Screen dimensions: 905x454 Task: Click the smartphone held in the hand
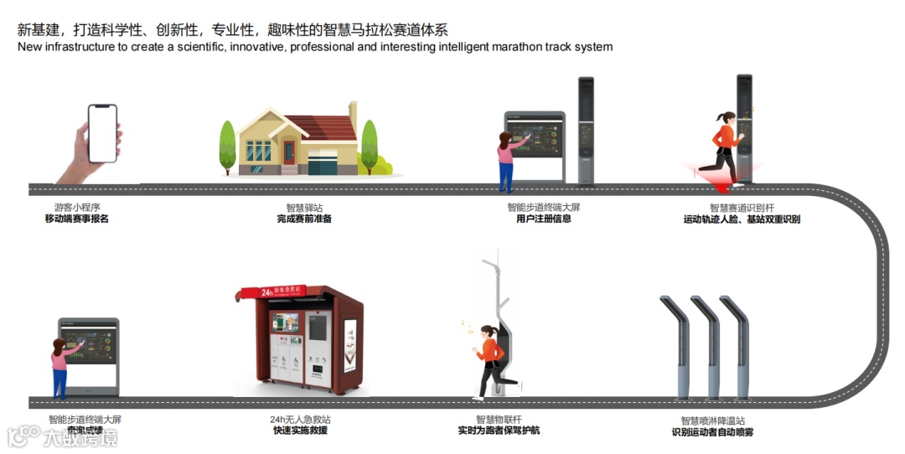click(102, 133)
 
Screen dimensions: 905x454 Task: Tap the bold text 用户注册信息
click(544, 219)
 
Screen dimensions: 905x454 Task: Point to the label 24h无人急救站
click(300, 419)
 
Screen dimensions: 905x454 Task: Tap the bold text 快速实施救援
click(300, 431)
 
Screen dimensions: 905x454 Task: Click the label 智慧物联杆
click(499, 419)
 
